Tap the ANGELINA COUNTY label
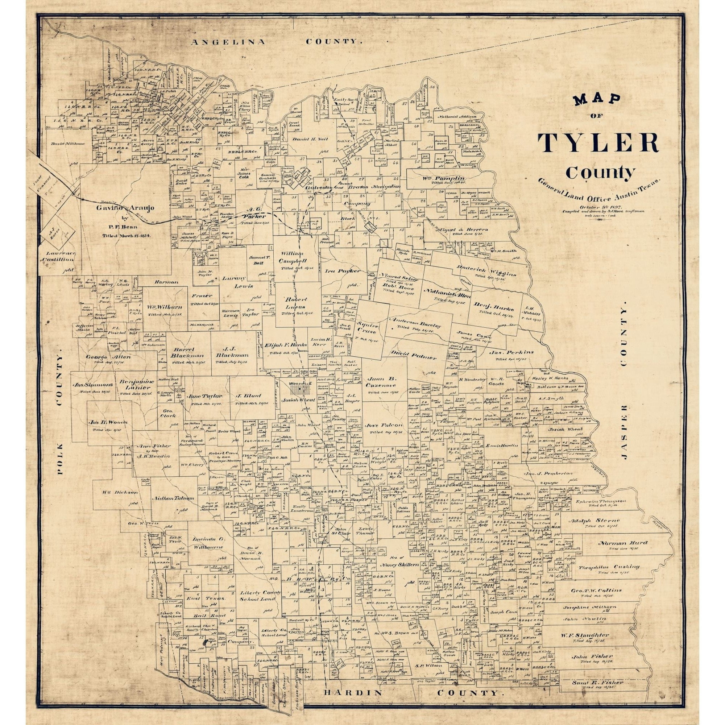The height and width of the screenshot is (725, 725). point(277,42)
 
